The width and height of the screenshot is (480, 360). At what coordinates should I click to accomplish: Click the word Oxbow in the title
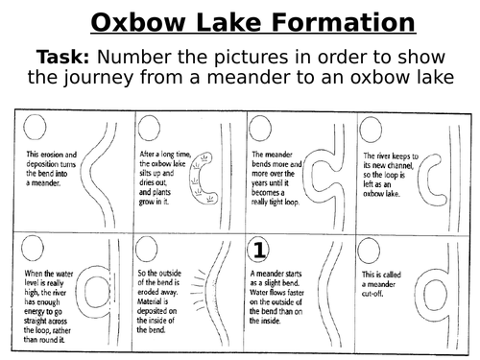(x=138, y=22)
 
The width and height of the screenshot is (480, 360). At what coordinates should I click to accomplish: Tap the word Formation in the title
(x=343, y=22)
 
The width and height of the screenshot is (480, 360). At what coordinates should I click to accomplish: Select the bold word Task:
(x=62, y=57)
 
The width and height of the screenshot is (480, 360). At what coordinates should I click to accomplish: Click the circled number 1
(x=258, y=250)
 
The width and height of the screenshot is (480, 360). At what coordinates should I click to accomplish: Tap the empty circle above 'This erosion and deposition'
(x=35, y=127)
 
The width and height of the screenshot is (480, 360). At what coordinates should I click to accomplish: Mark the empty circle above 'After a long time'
(x=149, y=128)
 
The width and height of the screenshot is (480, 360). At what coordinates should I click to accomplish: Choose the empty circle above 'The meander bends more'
(x=260, y=128)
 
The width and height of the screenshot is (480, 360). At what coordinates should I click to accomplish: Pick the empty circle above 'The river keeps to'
(x=371, y=130)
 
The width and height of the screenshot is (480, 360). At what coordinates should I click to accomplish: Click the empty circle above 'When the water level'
(x=33, y=248)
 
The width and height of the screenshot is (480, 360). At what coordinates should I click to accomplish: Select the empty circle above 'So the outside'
(x=146, y=249)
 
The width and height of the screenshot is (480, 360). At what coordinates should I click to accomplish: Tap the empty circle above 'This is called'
(x=369, y=251)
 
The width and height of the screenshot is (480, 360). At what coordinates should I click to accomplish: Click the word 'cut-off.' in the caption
(x=372, y=294)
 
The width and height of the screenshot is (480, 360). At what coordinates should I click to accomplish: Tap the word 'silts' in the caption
(x=147, y=173)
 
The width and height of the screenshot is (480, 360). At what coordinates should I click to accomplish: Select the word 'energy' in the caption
(x=36, y=312)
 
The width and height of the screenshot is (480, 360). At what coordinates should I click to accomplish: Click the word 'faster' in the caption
(x=293, y=293)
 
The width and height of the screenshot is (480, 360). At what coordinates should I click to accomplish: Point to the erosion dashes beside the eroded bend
(x=198, y=290)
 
